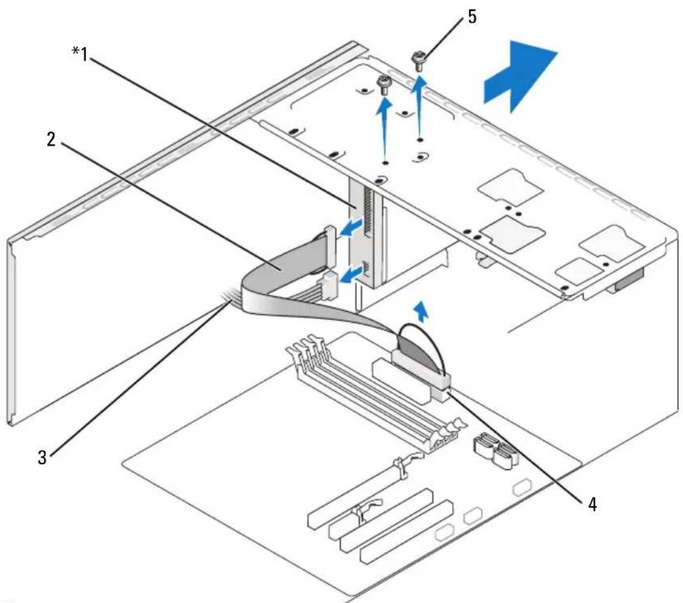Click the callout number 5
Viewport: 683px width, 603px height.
[472, 16]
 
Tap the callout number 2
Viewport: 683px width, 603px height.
[52, 139]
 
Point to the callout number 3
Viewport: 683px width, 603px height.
[42, 457]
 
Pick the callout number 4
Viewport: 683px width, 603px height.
[592, 505]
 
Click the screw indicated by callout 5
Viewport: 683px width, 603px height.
[419, 61]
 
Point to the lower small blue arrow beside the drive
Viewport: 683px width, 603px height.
[351, 276]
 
